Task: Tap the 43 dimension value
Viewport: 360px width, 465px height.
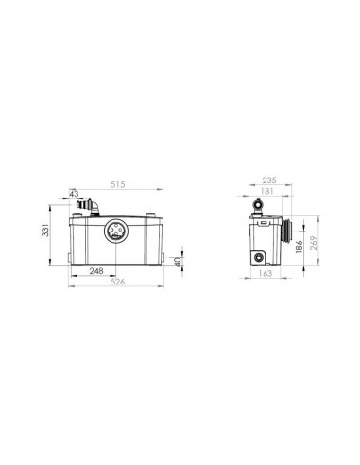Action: (x=76, y=194)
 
